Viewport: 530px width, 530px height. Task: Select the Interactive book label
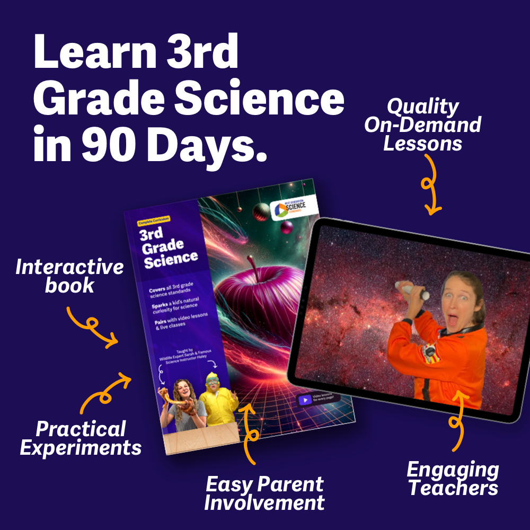[x=69, y=276]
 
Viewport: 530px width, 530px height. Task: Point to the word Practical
[x=73, y=428]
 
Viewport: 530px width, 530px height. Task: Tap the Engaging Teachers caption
[x=453, y=479]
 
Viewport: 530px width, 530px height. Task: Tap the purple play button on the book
[x=305, y=400]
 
